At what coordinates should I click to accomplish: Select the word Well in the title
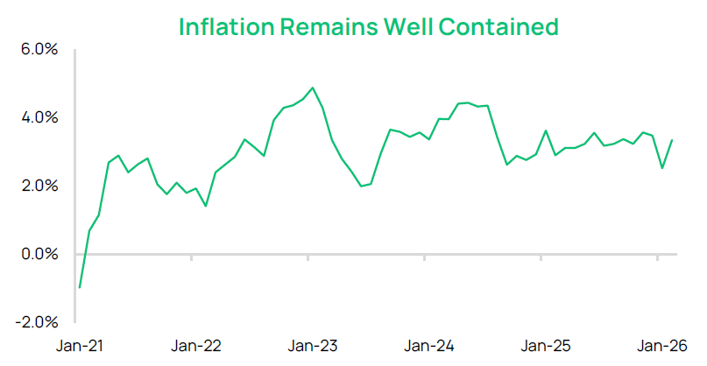pos(406,26)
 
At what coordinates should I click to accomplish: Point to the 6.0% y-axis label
pos(39,50)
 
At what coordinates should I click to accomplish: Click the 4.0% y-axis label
pos(39,118)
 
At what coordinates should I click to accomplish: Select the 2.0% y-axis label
pos(39,187)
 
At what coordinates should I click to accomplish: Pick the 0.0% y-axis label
pos(39,255)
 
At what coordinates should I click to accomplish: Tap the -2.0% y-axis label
pos(36,322)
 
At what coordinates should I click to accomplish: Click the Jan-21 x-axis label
pos(80,346)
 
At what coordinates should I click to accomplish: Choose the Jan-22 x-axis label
pos(195,346)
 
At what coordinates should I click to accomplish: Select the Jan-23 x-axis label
pos(312,346)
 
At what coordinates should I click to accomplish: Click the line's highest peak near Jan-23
pos(313,88)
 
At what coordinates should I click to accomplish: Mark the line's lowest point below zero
pos(80,287)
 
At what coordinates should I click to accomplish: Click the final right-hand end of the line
pos(672,140)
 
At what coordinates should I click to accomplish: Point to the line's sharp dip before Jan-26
pos(662,168)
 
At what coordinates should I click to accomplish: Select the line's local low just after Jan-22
pos(205,206)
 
